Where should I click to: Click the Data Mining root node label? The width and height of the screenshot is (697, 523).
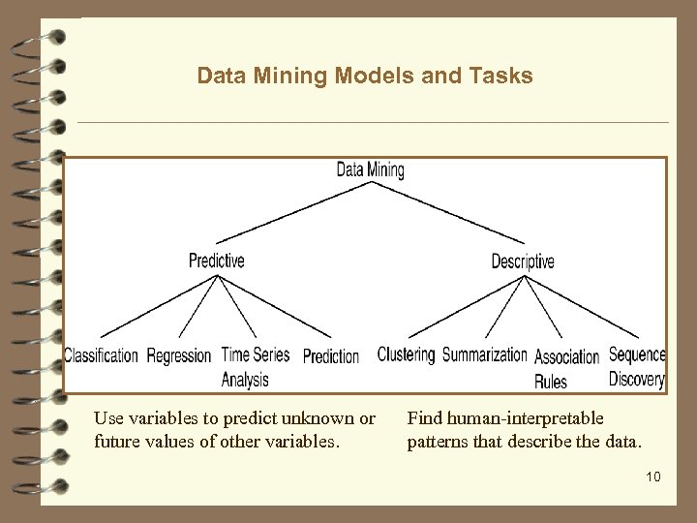(370, 170)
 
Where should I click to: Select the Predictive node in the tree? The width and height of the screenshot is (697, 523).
(217, 260)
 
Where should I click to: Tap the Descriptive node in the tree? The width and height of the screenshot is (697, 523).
(523, 261)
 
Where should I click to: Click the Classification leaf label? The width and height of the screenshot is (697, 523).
(102, 355)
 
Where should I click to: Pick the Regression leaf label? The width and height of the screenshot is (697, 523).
(179, 355)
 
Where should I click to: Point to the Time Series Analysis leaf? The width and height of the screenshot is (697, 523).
(255, 366)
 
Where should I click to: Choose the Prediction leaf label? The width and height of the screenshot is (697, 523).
(331, 356)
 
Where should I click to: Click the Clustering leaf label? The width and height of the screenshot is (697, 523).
(406, 354)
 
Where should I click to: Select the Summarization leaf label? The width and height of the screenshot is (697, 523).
(484, 354)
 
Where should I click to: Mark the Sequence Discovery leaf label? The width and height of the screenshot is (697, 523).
(637, 365)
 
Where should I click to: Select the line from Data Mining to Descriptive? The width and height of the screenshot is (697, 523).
(447, 215)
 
